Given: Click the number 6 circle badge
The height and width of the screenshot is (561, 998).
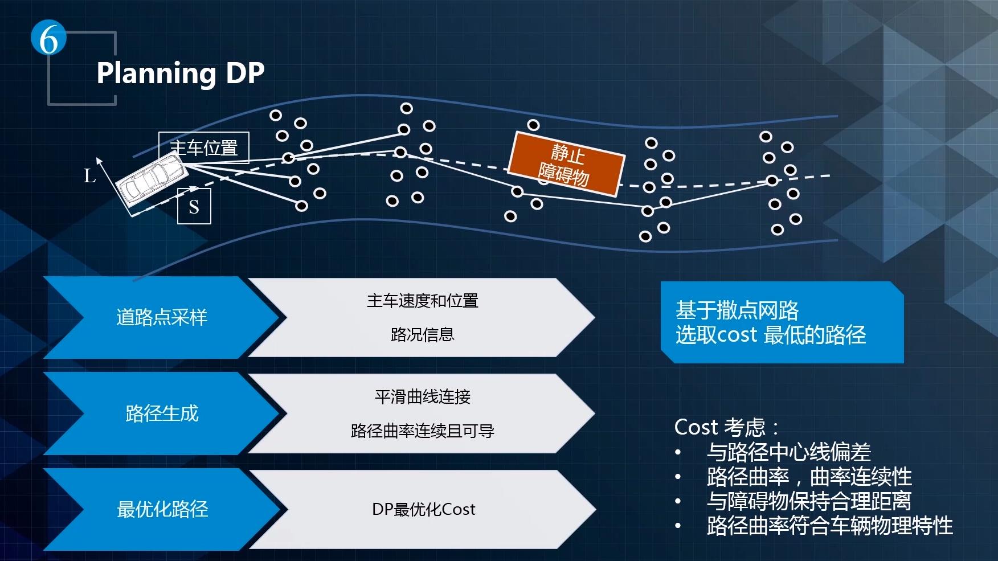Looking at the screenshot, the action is coord(48,39).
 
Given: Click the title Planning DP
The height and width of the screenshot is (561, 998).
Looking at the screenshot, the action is coord(181,73).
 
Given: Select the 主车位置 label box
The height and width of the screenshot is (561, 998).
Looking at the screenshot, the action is coord(203,148).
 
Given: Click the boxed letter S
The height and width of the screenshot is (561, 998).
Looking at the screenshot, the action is coord(194,206).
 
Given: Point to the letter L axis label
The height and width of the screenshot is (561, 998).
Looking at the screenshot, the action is coord(89,175).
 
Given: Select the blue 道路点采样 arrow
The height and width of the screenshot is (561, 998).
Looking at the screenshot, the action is coord(161,317).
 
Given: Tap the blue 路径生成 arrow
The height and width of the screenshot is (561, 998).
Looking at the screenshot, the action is coord(161,413).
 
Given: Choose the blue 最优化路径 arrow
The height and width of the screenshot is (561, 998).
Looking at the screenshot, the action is coord(162,509).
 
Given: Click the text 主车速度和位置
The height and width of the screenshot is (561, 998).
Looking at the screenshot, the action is coord(422,301).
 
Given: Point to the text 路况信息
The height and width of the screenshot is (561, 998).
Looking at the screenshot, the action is coord(422,334).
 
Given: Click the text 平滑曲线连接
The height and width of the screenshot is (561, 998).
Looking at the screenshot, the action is coord(422,396).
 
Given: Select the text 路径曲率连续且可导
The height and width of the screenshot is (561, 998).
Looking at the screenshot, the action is coord(422,431).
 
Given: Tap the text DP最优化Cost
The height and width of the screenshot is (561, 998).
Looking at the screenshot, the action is coord(423,509).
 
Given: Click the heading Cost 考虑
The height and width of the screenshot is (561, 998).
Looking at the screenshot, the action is coord(726,427).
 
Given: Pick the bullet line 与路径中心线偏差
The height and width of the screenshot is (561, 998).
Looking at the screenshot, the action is coord(788,452).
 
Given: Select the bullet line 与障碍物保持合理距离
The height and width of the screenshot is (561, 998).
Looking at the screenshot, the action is coord(808,501).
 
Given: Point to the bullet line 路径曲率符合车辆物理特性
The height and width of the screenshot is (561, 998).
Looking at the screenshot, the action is coord(829,526).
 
